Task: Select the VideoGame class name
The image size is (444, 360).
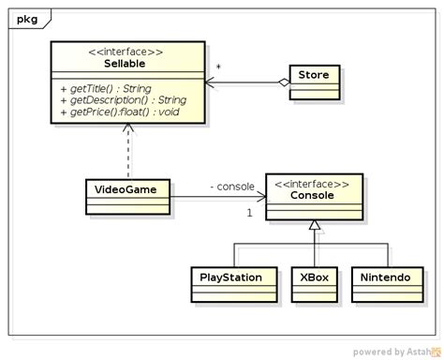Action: (118, 188)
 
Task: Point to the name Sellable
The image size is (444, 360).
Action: (127, 62)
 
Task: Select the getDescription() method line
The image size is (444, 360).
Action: (127, 99)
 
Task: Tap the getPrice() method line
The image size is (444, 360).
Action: (119, 112)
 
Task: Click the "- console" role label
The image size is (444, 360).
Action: (231, 187)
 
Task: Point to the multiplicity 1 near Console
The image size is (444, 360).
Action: (250, 213)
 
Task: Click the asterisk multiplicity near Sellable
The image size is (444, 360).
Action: (217, 68)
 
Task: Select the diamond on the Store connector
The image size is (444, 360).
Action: (283, 82)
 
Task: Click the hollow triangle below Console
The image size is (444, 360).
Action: (315, 226)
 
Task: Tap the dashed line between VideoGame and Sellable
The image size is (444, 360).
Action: (127, 152)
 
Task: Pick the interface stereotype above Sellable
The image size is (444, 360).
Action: (127, 50)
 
